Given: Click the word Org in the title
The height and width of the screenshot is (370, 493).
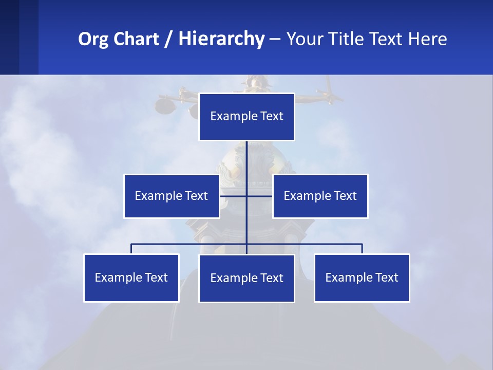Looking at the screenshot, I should (94, 39).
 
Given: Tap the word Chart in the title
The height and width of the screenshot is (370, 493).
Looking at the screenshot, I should (136, 39).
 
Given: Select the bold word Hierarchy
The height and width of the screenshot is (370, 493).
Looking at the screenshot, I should (221, 39).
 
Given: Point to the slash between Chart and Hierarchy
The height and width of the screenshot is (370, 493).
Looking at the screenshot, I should (169, 39).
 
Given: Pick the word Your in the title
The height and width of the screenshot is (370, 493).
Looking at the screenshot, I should (304, 39).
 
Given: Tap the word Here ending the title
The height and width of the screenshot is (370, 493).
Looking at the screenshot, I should (427, 39).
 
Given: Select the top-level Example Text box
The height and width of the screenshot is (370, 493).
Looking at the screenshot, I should (246, 117).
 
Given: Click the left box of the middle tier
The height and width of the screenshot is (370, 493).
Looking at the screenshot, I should (172, 196).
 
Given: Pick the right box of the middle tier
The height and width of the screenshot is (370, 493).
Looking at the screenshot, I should (320, 196).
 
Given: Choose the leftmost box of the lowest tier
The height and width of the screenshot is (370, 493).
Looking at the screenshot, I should (131, 277).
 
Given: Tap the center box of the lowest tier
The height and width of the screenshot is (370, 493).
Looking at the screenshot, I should (246, 278).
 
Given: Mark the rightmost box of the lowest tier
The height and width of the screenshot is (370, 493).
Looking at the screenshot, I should (362, 277).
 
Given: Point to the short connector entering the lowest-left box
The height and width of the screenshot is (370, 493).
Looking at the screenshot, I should (131, 249).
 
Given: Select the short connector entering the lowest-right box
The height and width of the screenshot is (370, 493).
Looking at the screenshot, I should (362, 249).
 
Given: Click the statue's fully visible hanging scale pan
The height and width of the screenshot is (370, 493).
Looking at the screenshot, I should (165, 106).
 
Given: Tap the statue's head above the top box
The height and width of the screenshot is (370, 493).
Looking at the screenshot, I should (253, 82).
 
